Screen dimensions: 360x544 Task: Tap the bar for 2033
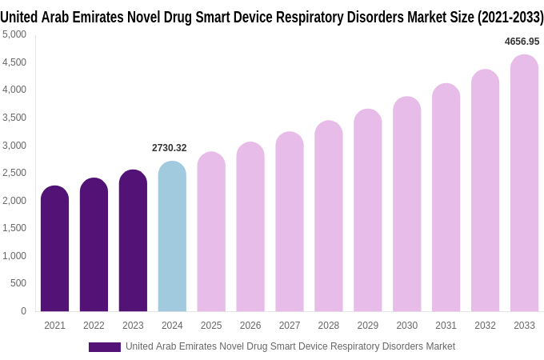pyautogui.click(x=524, y=183)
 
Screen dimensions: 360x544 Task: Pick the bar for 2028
pyautogui.click(x=328, y=216)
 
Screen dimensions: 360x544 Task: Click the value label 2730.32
pyautogui.click(x=169, y=148)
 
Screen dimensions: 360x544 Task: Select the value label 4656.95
pyautogui.click(x=522, y=42)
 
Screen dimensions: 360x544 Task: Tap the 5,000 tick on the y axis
pyautogui.click(x=14, y=34)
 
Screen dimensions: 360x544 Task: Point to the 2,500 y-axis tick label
pyautogui.click(x=14, y=173)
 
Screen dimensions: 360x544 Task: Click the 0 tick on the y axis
pyautogui.click(x=23, y=311)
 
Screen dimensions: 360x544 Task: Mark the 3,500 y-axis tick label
pyautogui.click(x=14, y=118)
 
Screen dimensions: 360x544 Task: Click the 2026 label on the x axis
pyautogui.click(x=250, y=326)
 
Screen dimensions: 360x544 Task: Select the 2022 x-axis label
pyautogui.click(x=94, y=326)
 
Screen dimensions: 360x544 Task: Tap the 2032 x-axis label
pyautogui.click(x=485, y=326)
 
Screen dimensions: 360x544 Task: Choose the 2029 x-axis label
pyautogui.click(x=367, y=326)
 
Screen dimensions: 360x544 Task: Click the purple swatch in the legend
pyautogui.click(x=104, y=346)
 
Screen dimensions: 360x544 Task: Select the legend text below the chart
pyautogui.click(x=290, y=346)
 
